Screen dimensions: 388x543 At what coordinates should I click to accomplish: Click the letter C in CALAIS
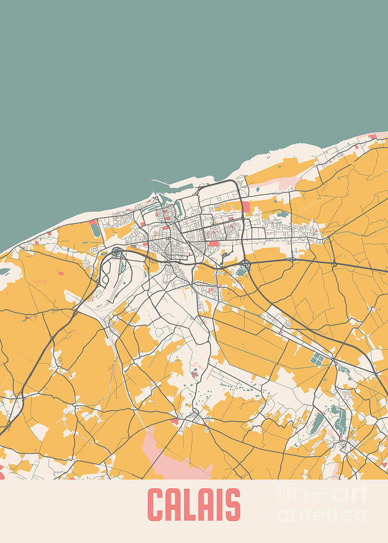157,505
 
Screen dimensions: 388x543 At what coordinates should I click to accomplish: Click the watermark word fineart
322,494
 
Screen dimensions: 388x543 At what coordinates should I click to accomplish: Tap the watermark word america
322,515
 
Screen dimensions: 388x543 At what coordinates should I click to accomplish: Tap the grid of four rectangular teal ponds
317,360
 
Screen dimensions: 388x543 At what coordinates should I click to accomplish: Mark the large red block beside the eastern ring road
246,206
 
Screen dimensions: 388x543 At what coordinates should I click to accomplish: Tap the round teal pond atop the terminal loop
116,251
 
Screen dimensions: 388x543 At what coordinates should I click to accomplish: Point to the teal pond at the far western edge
4,271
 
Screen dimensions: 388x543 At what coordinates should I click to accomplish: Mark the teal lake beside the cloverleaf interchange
241,272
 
